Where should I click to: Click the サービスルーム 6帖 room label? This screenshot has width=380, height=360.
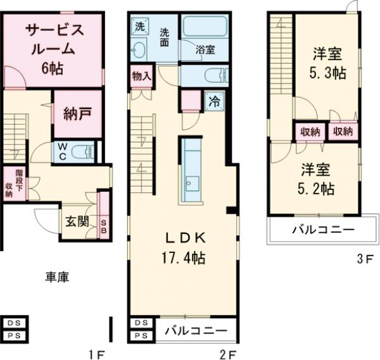click(x=53, y=49)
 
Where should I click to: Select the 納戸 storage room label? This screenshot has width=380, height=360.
click(x=77, y=115)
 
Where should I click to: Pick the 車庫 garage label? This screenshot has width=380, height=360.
click(x=56, y=276)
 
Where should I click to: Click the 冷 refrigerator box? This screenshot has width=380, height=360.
click(x=213, y=101)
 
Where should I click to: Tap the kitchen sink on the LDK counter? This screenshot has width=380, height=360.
click(x=191, y=183)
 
